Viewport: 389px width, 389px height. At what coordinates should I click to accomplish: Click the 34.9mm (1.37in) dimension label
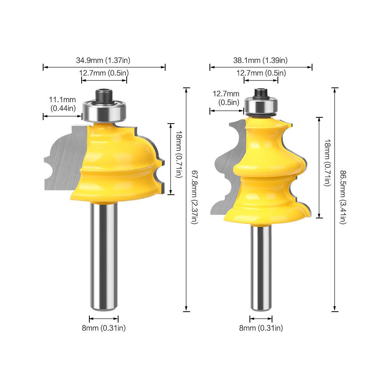coord(103,60)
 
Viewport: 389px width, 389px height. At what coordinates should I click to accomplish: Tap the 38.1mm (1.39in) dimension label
coord(260,60)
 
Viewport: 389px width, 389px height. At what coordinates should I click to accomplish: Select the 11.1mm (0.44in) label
coord(62,104)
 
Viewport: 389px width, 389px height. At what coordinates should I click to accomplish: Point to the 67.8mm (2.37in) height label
coord(194,197)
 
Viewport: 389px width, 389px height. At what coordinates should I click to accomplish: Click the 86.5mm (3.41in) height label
coord(343,197)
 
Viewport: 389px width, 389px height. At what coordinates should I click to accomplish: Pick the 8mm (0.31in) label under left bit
coord(104,328)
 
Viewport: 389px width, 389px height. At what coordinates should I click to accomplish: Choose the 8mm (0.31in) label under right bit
coord(261,328)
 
